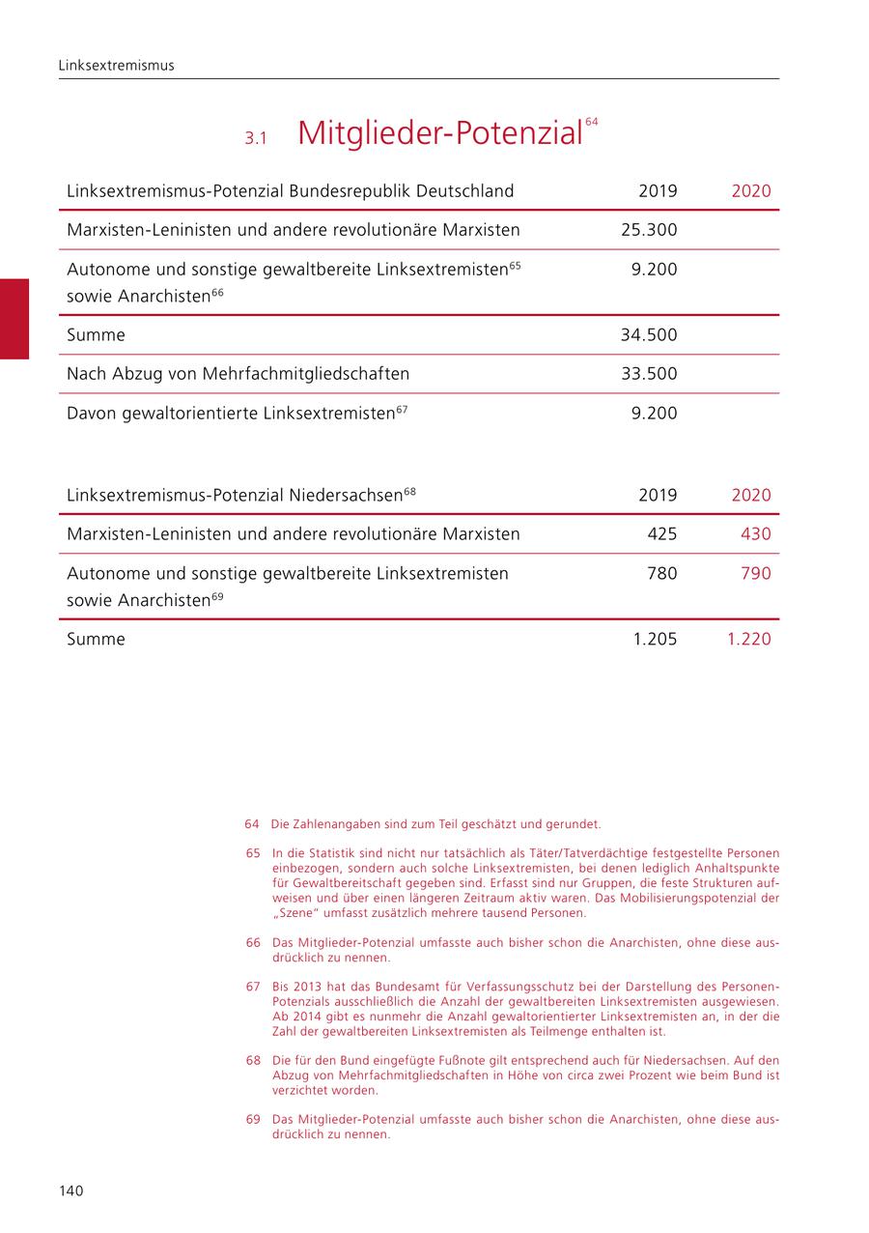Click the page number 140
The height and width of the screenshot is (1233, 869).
coord(71,1190)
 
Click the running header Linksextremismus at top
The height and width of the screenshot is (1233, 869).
coord(116,66)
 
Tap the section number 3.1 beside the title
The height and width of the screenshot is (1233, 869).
coord(255,138)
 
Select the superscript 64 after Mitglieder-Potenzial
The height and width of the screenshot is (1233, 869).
coord(592,122)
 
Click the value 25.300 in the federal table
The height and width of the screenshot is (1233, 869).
coord(649,230)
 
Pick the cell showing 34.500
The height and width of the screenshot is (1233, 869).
coord(649,335)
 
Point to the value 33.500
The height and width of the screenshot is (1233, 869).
coord(649,374)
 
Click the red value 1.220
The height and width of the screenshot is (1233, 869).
coord(749,639)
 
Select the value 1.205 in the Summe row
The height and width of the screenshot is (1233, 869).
coord(656,639)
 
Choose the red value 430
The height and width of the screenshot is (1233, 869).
coord(755,533)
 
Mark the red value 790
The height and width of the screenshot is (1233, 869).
coord(755,573)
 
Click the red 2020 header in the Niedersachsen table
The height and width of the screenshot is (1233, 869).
coord(751,495)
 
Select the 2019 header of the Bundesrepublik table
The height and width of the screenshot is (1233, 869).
coord(658,190)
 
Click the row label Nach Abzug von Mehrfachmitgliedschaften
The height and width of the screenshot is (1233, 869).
coord(238,374)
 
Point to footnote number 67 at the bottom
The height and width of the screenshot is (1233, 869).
coord(253,987)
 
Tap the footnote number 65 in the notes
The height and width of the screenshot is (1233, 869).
coord(253,853)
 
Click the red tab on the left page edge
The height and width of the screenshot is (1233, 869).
coord(14,319)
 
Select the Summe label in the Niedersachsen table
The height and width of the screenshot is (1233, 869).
coord(96,639)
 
